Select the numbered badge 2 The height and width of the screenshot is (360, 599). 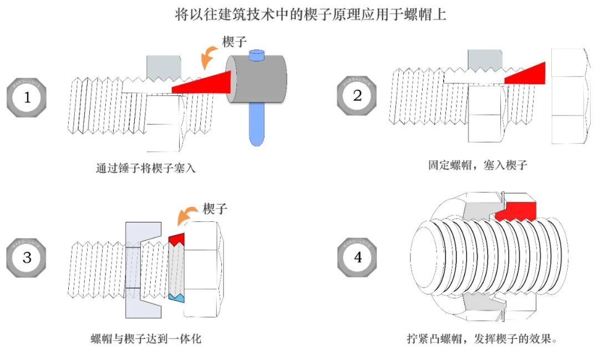357,96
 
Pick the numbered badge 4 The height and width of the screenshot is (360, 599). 357,258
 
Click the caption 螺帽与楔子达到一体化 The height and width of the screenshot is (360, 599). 145,338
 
